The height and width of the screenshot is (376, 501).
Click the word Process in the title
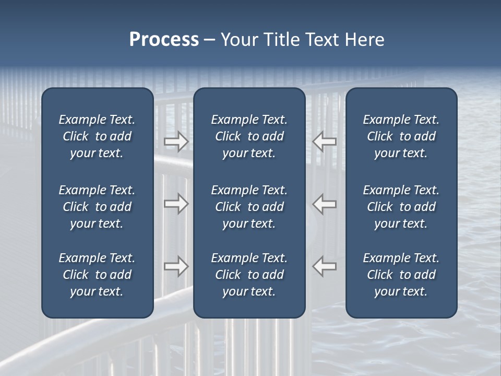(164, 40)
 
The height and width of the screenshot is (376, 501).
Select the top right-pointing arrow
(176, 141)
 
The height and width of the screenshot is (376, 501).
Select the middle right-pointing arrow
(176, 204)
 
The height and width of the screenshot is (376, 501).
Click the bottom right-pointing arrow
(176, 266)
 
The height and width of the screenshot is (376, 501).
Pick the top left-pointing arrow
(325, 141)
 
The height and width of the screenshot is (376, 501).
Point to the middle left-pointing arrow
(325, 204)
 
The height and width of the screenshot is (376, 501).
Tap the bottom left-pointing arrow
(325, 266)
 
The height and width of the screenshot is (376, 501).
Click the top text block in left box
(97, 136)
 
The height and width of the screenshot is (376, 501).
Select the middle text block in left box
(97, 207)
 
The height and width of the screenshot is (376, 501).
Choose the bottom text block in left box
(97, 275)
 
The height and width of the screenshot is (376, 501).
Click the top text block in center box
(249, 136)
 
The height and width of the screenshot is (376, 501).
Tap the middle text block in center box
(249, 207)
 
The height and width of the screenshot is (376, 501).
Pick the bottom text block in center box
(249, 275)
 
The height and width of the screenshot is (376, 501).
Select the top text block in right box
(401, 136)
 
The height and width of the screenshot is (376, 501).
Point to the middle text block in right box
(401, 207)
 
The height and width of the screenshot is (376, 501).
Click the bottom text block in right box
(401, 275)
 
